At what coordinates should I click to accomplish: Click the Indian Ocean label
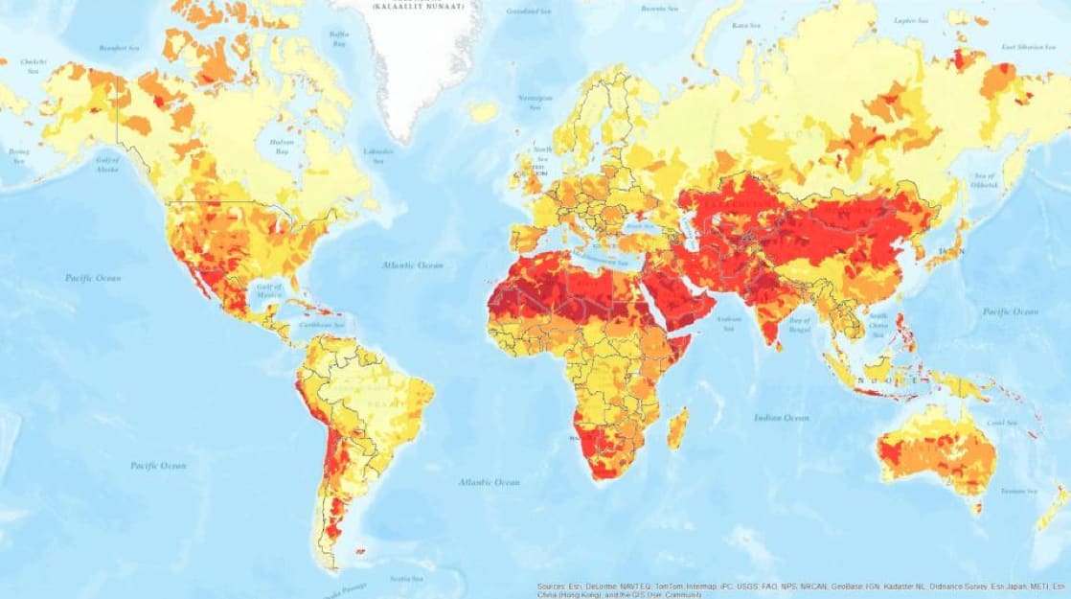(783, 418)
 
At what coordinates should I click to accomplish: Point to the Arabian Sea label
(729, 324)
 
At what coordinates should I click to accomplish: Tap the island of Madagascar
(676, 428)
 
